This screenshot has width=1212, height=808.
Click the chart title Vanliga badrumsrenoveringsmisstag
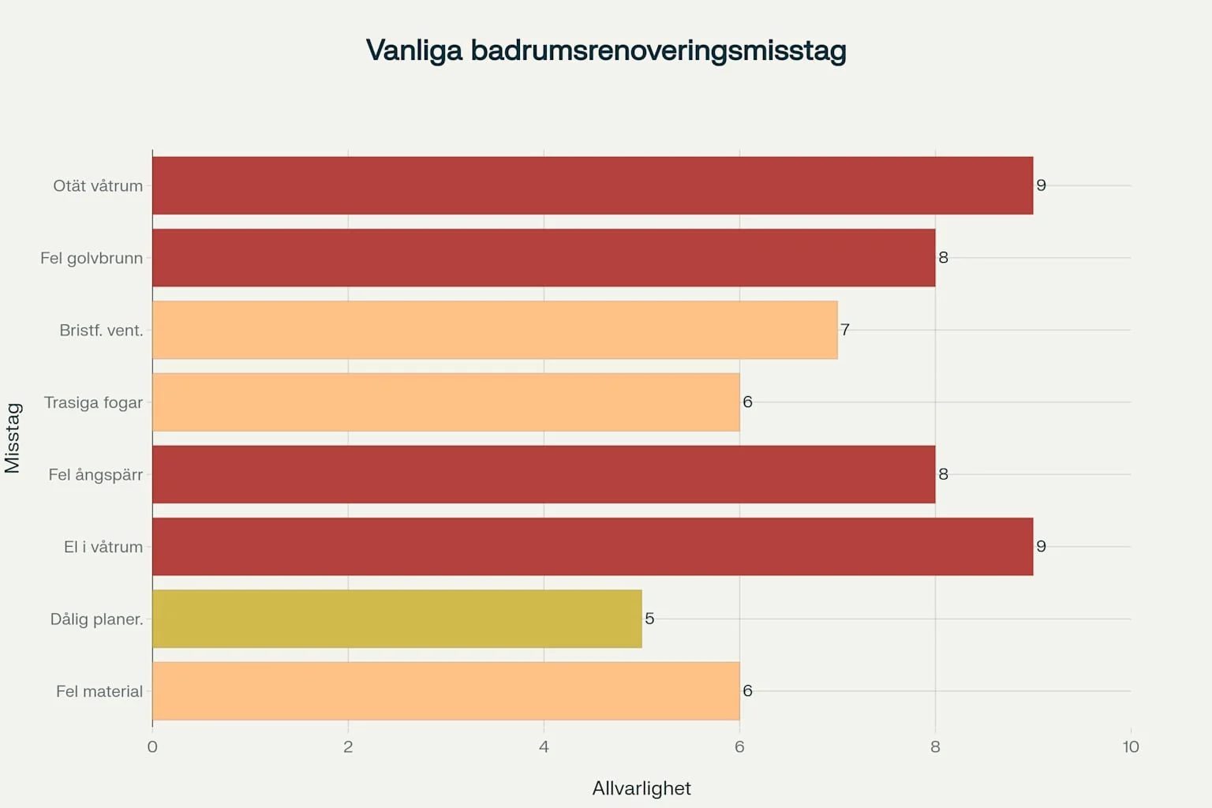[x=606, y=50]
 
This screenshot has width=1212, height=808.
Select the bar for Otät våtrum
[x=592, y=185]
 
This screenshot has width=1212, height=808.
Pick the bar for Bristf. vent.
[x=494, y=330]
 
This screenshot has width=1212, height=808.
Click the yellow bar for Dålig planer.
[x=396, y=619]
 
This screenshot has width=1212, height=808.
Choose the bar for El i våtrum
[x=592, y=547]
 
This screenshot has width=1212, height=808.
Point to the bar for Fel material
[x=445, y=691]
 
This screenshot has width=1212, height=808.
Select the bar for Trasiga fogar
[x=445, y=402]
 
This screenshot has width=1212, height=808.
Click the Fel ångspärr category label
[x=95, y=475]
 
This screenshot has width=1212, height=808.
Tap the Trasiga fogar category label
[x=93, y=402]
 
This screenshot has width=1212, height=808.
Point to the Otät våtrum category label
[x=98, y=186]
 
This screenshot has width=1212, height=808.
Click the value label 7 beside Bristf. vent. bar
[x=845, y=330]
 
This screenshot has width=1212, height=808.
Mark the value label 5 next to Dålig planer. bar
[x=649, y=619]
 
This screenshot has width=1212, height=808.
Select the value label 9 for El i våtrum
[x=1041, y=547]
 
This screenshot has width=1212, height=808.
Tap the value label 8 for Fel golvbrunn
[x=943, y=258]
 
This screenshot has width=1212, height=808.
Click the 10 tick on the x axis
[x=1130, y=747]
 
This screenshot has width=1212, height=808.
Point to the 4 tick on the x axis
[x=544, y=747]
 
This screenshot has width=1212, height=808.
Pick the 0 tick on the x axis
[x=152, y=747]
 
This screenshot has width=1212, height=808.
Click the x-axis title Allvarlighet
[x=641, y=788]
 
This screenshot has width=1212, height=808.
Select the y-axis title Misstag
[x=13, y=438]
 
